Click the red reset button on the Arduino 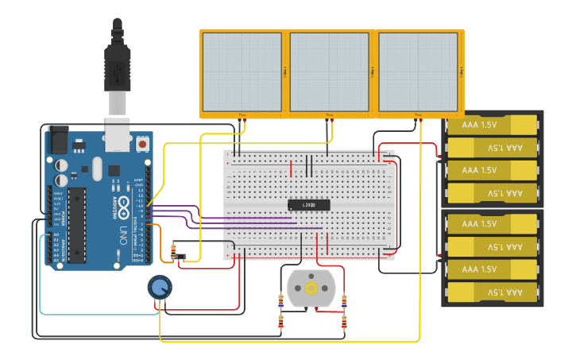click(142, 144)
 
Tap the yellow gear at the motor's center click(311, 287)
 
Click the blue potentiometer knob click(159, 288)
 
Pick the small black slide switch click(180, 257)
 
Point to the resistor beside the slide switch click(171, 253)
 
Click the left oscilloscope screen click(242, 72)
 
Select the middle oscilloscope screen click(329, 72)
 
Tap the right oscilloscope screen click(417, 72)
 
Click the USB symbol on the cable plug click(118, 70)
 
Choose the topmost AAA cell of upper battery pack click(492, 125)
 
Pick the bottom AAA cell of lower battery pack click(492, 292)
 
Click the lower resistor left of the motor click(280, 321)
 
